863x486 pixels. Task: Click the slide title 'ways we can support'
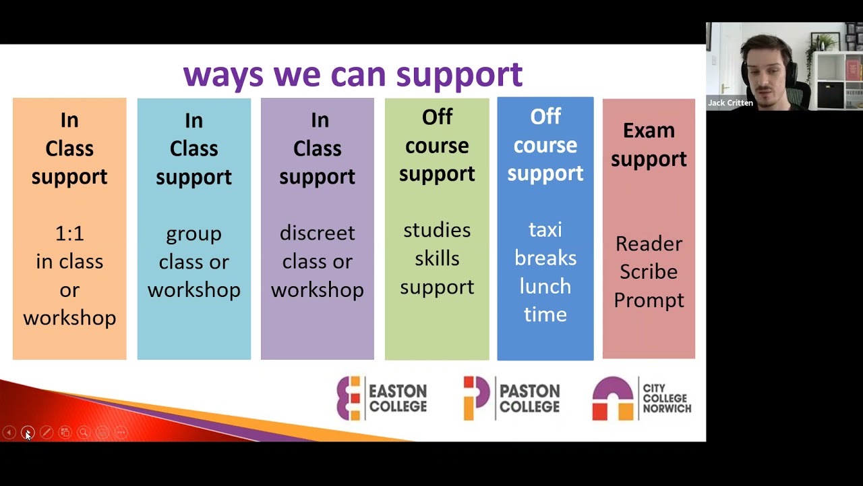click(353, 74)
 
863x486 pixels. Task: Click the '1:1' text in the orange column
click(69, 234)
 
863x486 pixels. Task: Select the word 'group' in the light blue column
click(194, 234)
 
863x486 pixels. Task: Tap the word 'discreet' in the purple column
click(317, 233)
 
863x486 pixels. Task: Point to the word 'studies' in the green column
click(437, 230)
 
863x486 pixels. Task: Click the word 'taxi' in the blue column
click(545, 230)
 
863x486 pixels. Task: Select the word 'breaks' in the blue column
click(545, 259)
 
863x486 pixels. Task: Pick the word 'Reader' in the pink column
click(649, 244)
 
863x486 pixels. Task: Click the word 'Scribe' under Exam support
click(649, 271)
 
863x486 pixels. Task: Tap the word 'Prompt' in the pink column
click(649, 300)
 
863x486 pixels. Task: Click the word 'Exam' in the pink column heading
click(649, 130)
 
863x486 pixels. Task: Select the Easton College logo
click(382, 398)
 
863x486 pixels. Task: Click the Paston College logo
click(511, 398)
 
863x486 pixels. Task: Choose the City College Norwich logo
click(641, 398)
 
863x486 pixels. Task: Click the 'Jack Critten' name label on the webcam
click(730, 103)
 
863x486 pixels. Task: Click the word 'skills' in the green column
click(437, 259)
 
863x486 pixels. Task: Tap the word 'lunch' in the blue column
click(545, 287)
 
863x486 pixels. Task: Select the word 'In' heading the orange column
click(69, 120)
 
